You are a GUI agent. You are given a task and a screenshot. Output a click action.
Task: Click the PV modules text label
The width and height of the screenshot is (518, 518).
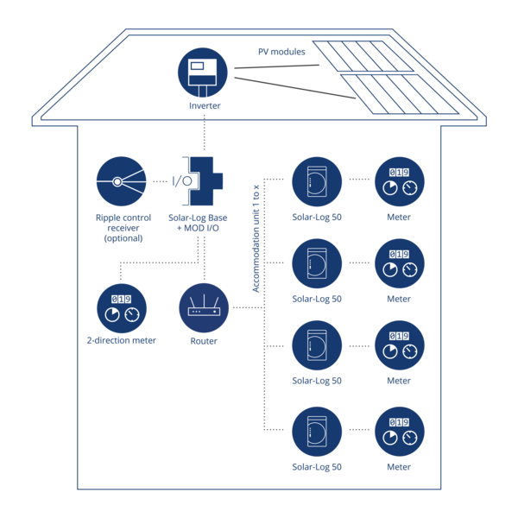click(281, 52)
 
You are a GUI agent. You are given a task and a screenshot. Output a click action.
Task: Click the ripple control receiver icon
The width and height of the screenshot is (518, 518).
click(121, 182)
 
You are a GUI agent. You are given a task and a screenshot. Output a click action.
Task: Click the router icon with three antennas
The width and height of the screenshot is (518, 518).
click(203, 309)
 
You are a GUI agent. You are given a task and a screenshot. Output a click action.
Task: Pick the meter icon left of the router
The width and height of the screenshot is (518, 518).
click(122, 309)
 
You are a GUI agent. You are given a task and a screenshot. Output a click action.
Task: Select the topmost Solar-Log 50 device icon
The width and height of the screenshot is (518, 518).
click(317, 182)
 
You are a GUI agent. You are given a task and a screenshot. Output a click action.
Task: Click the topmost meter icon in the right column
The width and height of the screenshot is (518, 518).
click(399, 182)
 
